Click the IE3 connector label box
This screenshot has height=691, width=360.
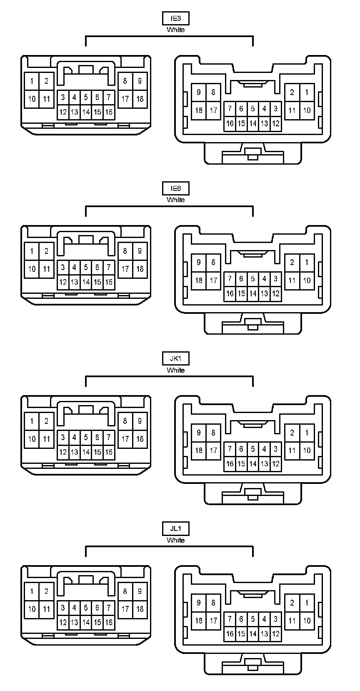point(175,18)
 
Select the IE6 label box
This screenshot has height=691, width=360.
point(175,188)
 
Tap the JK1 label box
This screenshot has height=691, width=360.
point(175,358)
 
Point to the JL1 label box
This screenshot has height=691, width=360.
point(175,528)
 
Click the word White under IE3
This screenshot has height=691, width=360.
point(175,30)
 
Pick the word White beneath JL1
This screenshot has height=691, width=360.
point(175,540)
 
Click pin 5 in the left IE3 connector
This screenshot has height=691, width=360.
point(86,98)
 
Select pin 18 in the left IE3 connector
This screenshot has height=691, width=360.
point(140,99)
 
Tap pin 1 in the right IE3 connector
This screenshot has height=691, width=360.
point(307,92)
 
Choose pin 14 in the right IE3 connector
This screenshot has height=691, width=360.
point(252,123)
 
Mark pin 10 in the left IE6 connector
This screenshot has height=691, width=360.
point(32,269)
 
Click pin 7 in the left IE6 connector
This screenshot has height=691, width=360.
point(109,267)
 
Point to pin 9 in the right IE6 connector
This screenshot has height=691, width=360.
point(199,262)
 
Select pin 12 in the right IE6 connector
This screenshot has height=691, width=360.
point(275,293)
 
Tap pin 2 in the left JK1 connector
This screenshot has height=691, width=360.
point(46,421)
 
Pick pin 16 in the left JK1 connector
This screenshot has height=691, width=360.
point(109,452)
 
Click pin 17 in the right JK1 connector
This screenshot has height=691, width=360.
point(213,451)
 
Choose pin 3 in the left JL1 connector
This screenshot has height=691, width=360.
point(63,607)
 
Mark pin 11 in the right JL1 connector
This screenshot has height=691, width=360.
point(292,621)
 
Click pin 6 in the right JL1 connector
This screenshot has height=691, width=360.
point(241,619)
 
